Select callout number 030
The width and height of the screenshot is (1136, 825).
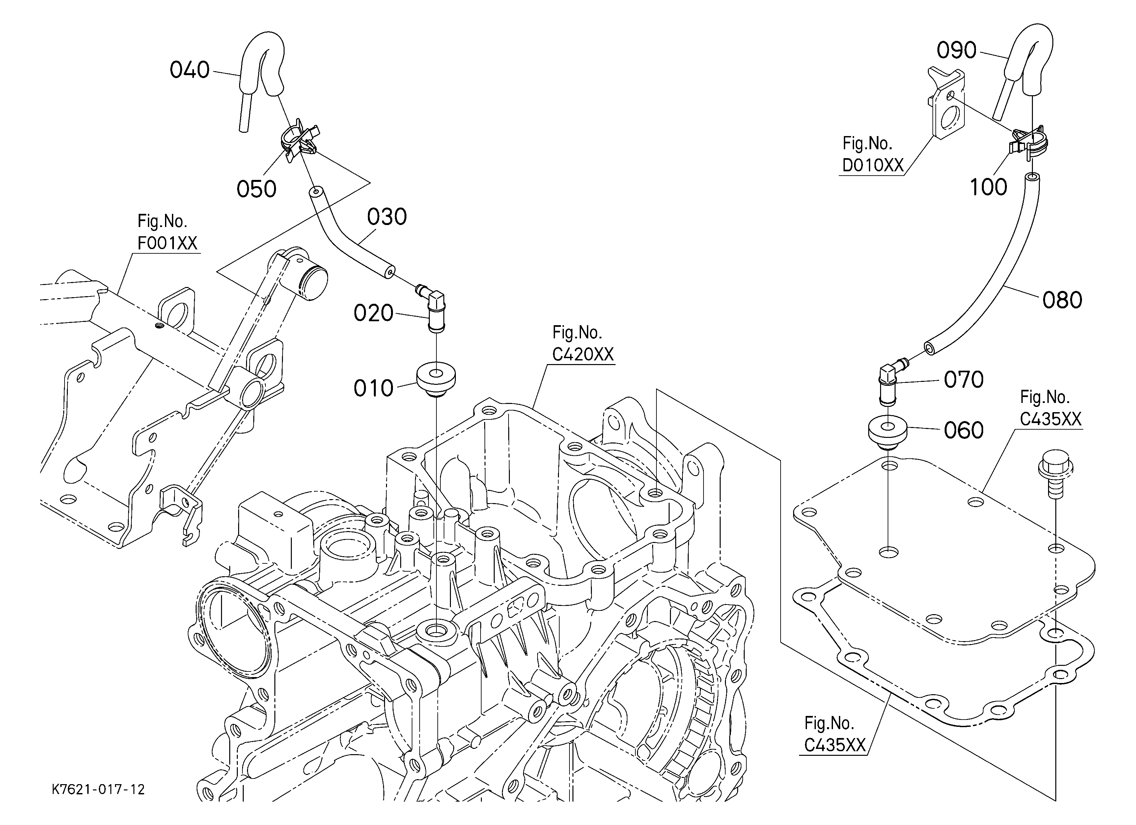[387, 217]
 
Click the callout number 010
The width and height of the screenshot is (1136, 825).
[374, 388]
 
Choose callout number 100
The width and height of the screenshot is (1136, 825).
[988, 187]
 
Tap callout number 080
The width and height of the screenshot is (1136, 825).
[1062, 300]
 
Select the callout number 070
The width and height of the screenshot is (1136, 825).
[964, 380]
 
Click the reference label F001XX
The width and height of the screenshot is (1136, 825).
[167, 243]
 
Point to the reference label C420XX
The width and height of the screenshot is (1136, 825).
[583, 354]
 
